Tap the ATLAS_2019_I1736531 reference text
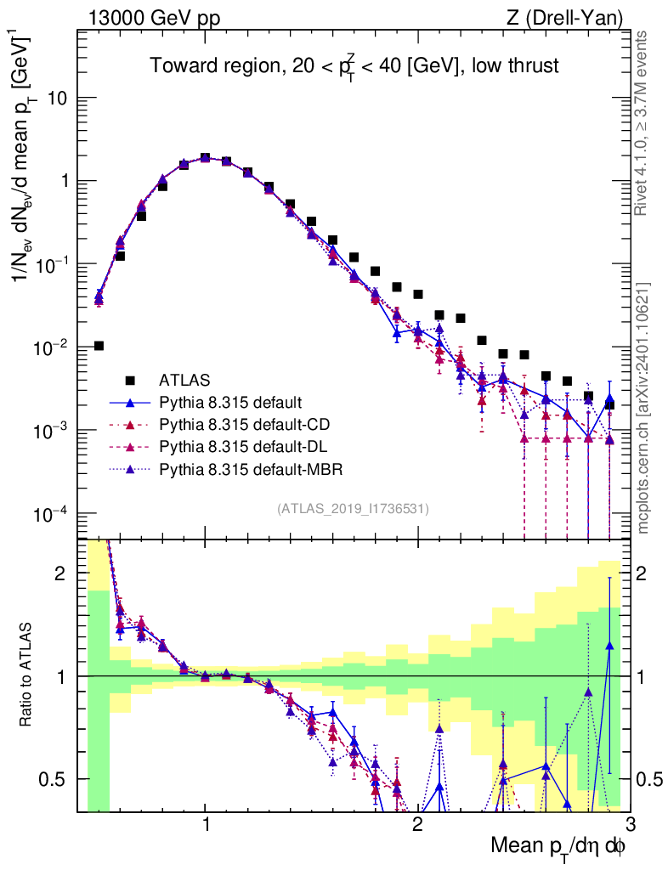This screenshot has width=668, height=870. (353, 509)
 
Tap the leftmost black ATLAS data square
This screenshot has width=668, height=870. (99, 346)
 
